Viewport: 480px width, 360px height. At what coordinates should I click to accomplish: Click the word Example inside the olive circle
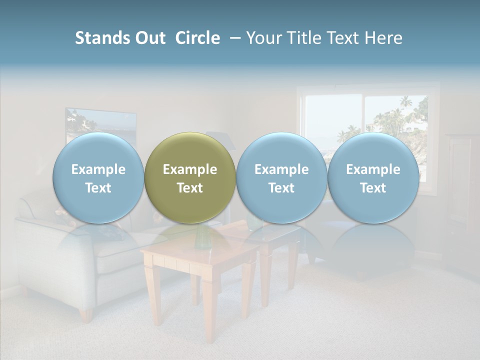coord(190,169)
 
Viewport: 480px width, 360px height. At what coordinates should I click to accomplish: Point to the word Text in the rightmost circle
coord(373,188)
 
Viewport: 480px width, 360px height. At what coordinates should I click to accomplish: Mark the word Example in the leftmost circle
coord(98,169)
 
